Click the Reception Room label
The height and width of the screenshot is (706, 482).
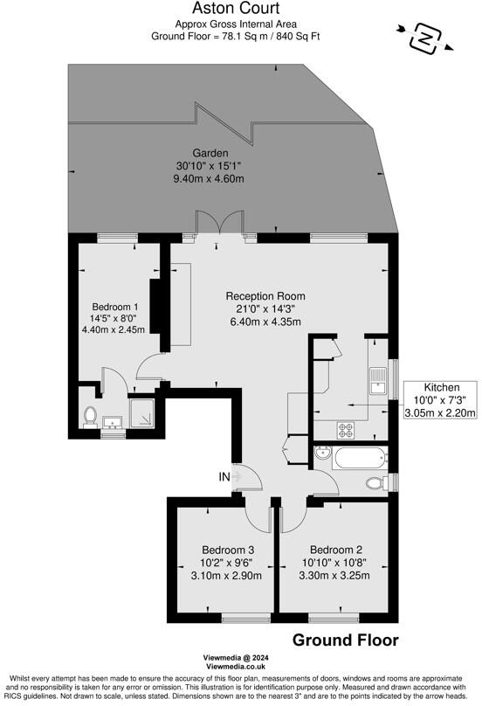[x=263, y=295]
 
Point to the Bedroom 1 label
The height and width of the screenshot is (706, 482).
[x=116, y=307]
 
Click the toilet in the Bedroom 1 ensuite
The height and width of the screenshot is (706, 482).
[x=89, y=417]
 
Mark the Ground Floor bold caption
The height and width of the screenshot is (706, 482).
[x=345, y=640]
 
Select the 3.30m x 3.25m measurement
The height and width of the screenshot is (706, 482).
[x=334, y=575]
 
